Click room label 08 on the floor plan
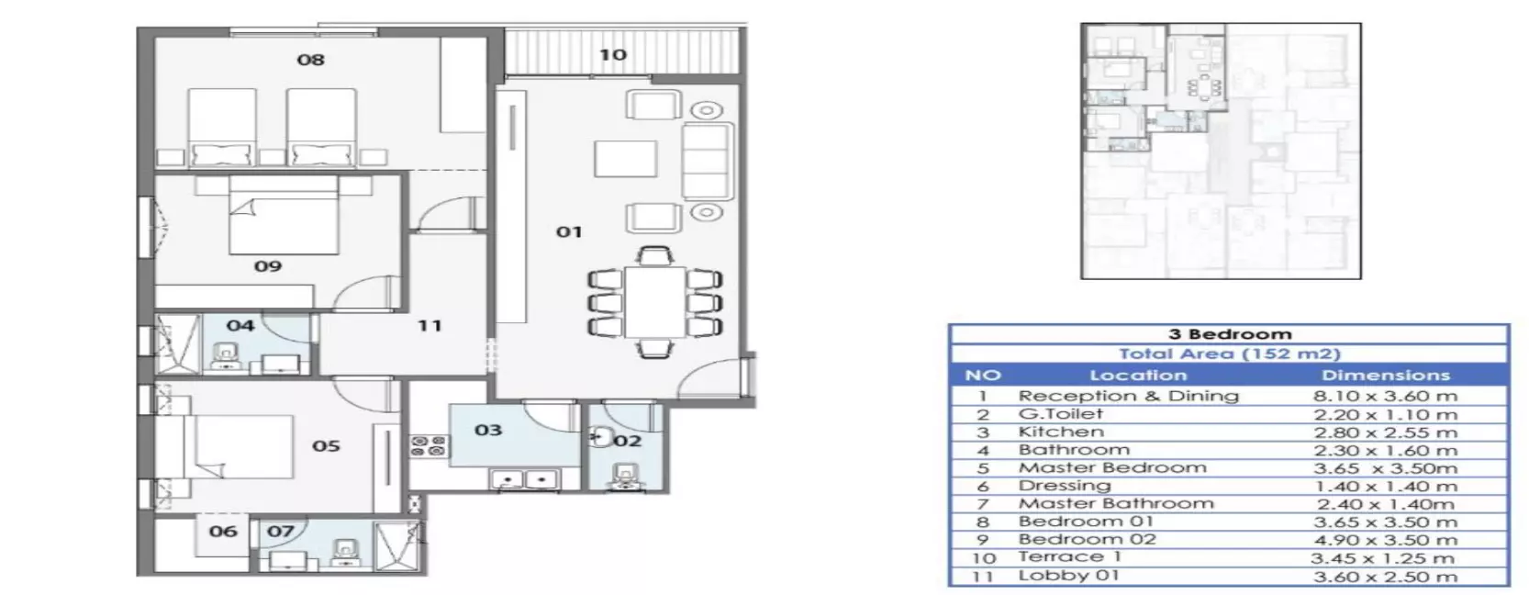310,60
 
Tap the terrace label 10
613,55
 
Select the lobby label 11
430,326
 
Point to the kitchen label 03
488,431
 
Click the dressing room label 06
223,532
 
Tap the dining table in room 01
655,302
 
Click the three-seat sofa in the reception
708,162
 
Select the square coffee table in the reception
625,159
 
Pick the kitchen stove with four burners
429,446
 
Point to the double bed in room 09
284,215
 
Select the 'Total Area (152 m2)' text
1230,354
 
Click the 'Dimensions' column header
1386,375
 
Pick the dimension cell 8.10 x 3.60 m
1385,397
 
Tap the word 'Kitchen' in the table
1061,432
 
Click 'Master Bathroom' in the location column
1116,503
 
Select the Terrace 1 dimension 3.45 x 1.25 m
1382,558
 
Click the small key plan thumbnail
1221,151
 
